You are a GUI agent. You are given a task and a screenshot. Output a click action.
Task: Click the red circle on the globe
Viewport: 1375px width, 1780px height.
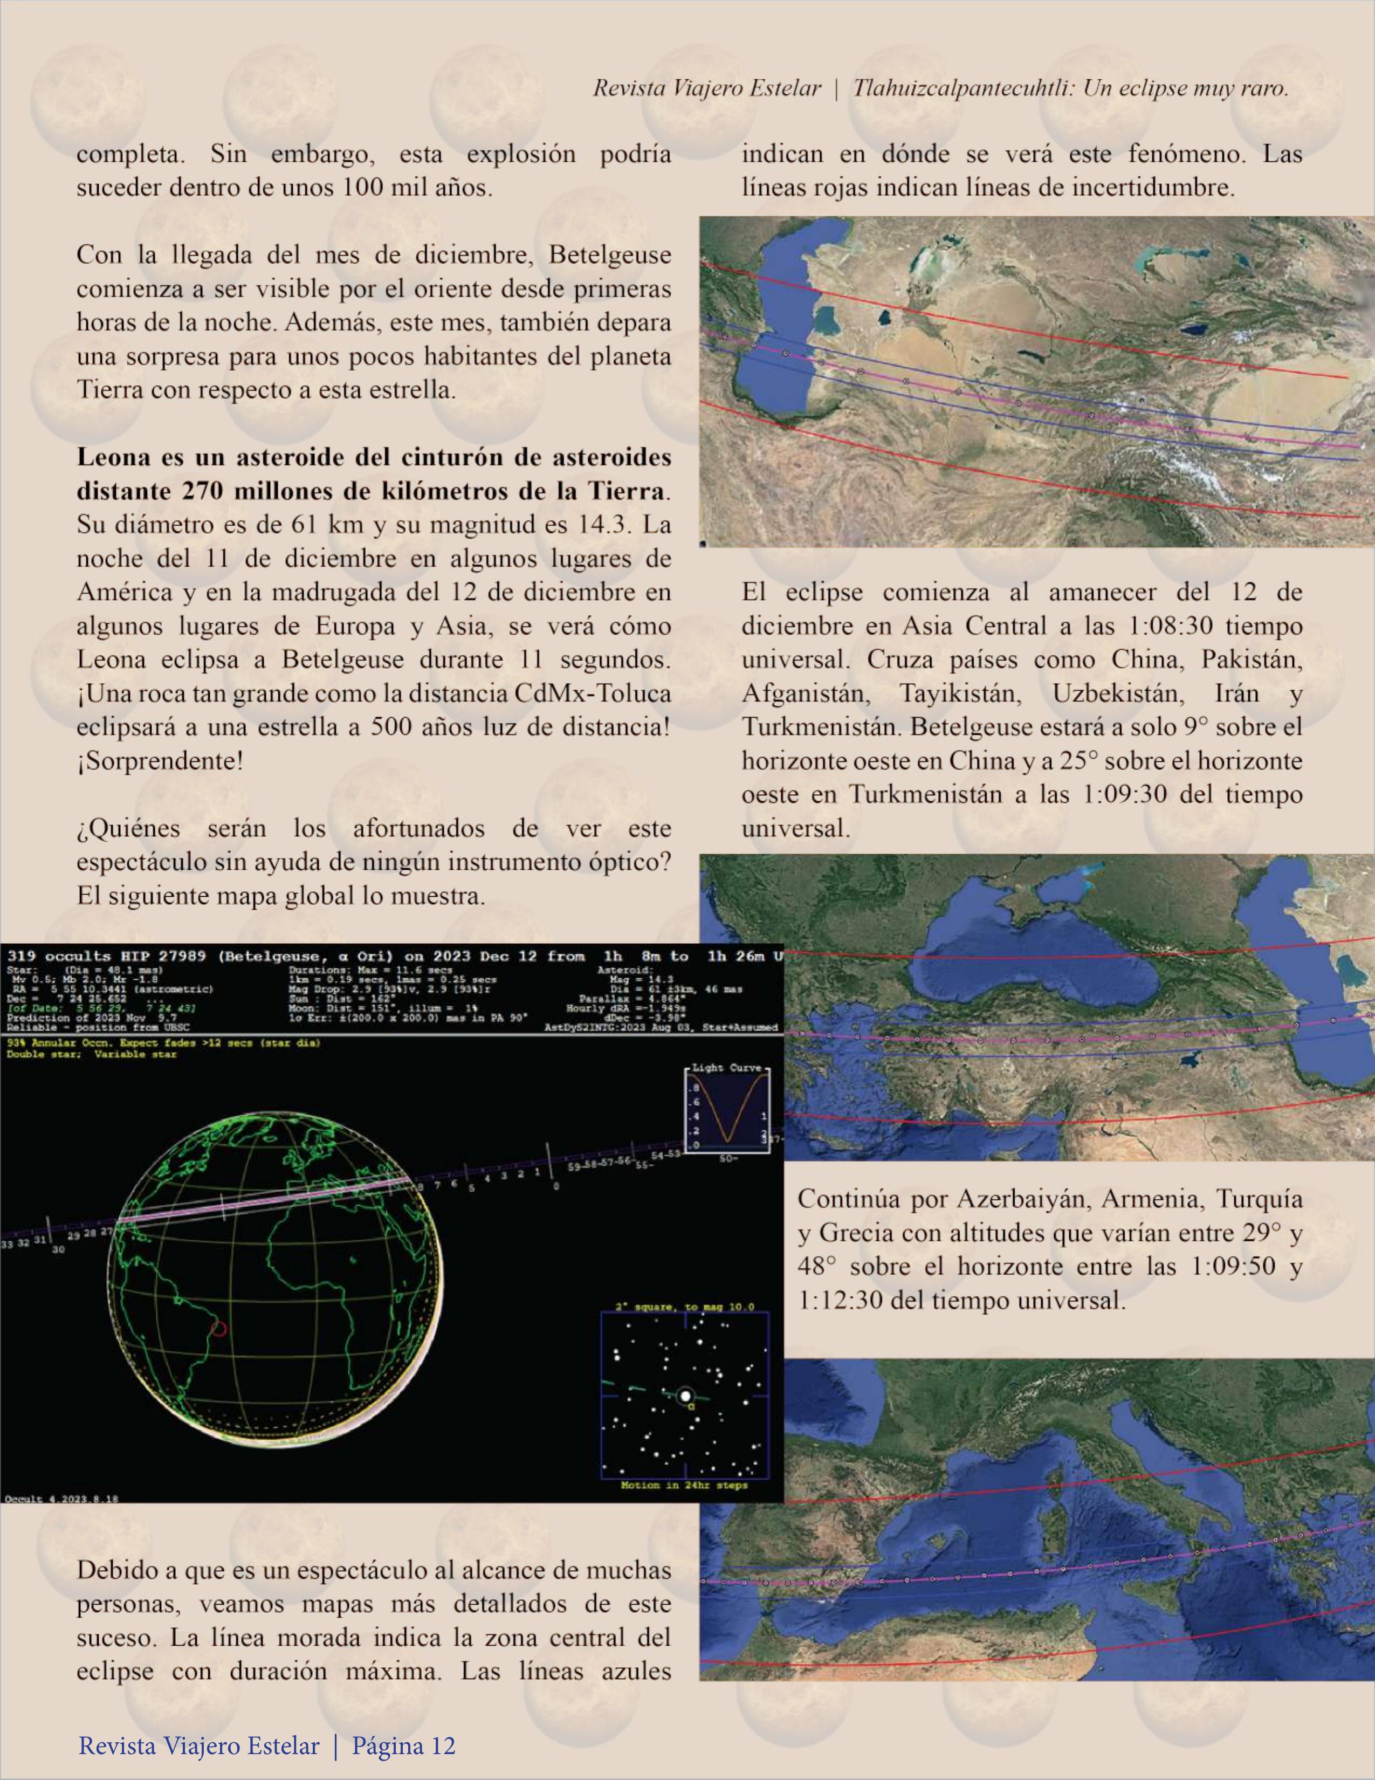tap(218, 1329)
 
